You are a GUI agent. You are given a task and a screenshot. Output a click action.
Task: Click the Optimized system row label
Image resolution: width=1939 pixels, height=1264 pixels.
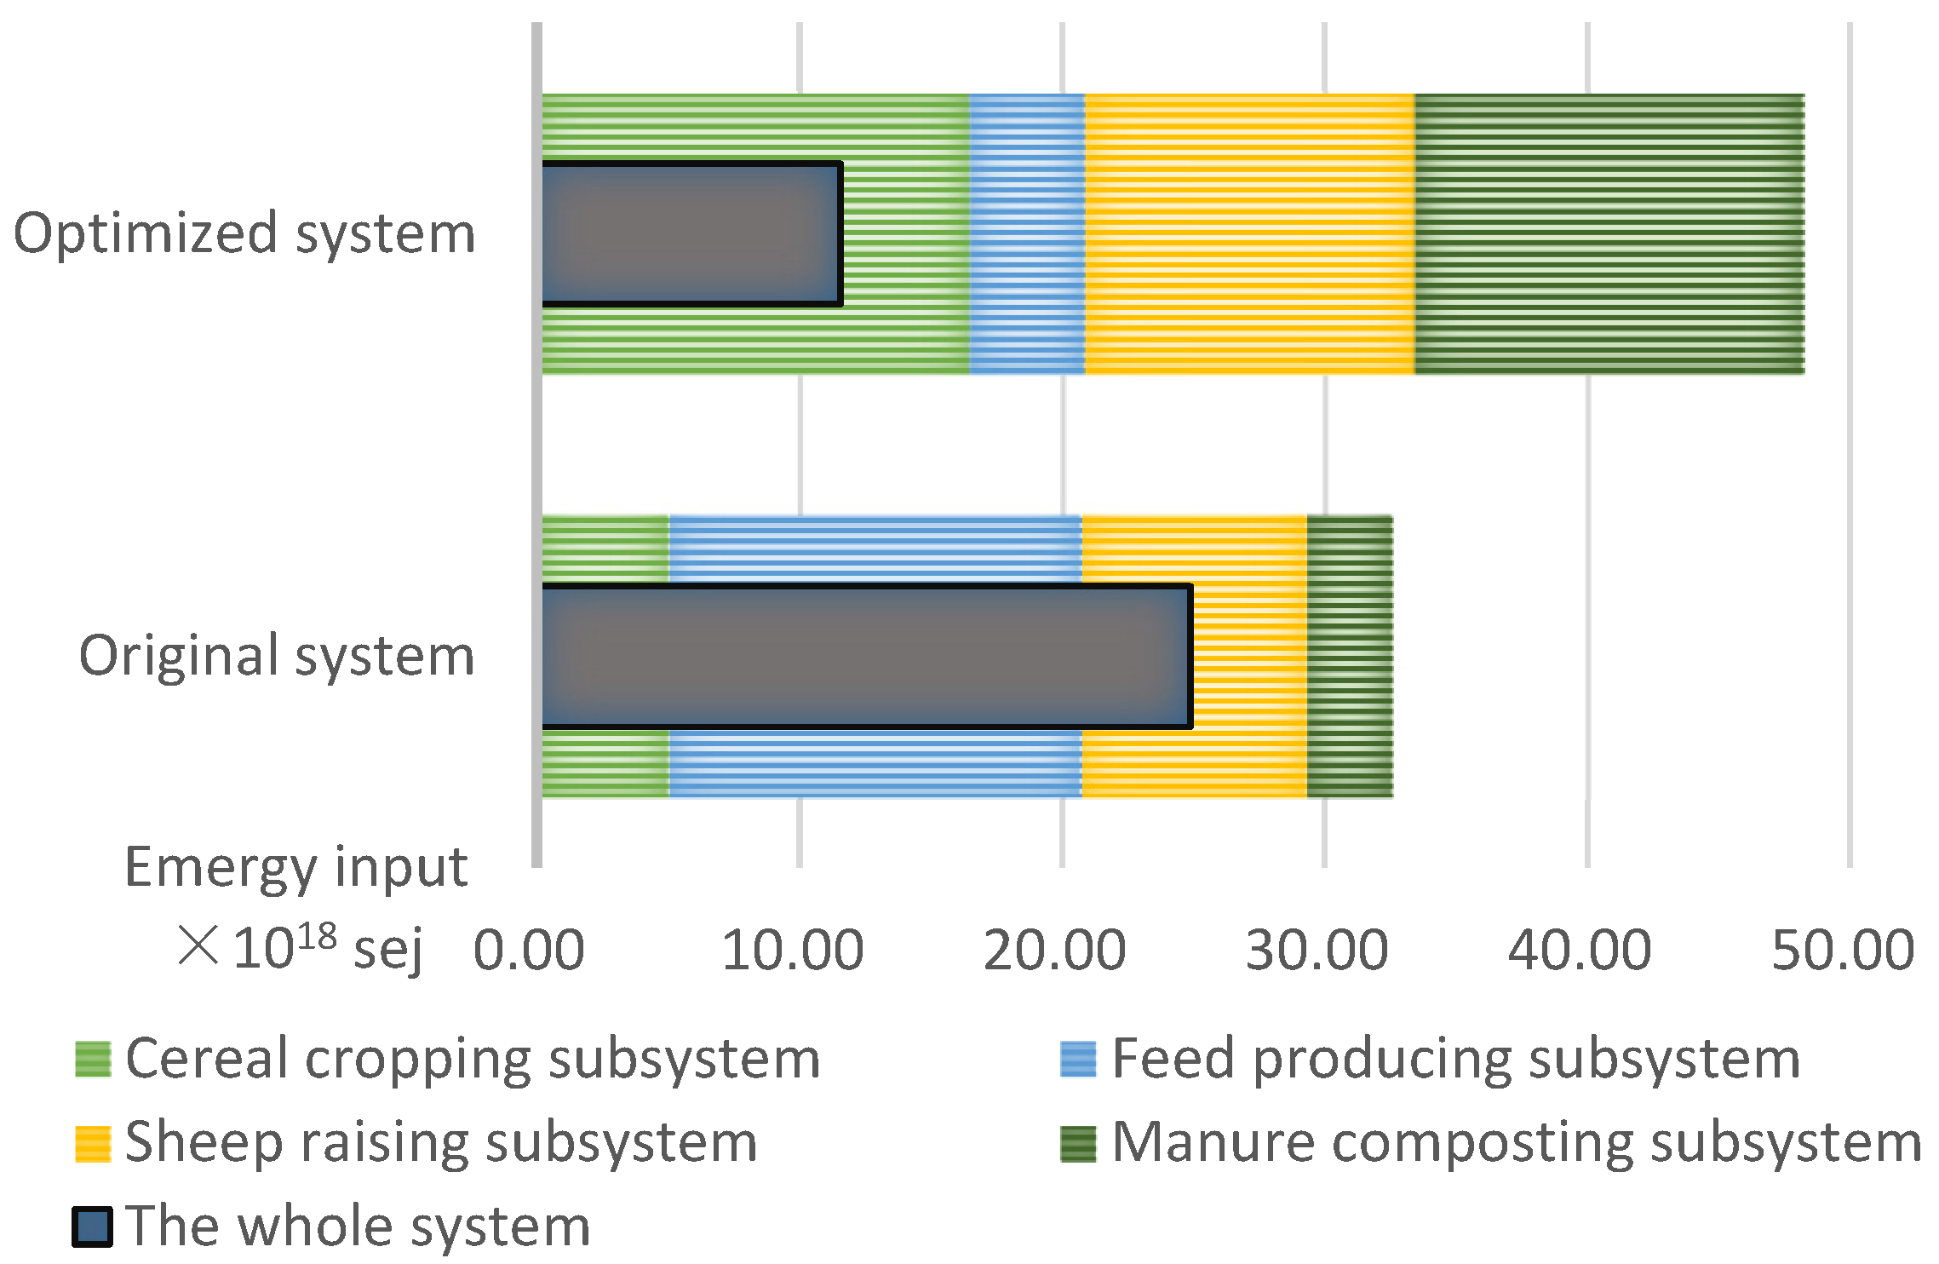tap(244, 233)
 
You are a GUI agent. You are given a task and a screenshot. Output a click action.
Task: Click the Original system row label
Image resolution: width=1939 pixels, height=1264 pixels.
tap(277, 656)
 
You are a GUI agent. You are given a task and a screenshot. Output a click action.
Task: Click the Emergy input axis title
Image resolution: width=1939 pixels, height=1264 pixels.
tap(296, 868)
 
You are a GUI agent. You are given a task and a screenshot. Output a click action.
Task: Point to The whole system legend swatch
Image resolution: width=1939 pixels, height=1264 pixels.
tap(92, 1227)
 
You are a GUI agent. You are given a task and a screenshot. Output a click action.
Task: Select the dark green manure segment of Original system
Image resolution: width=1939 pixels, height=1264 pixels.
tap(1350, 656)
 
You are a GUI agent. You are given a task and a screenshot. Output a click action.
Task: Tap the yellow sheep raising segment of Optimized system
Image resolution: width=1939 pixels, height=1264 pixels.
tap(1250, 233)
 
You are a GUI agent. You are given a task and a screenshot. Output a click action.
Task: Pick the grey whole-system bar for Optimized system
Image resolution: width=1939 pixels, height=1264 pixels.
tap(691, 233)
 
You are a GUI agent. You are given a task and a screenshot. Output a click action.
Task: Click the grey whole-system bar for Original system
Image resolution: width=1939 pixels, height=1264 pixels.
tap(866, 656)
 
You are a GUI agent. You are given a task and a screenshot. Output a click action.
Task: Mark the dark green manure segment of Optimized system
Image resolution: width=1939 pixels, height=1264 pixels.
tap(1609, 233)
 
